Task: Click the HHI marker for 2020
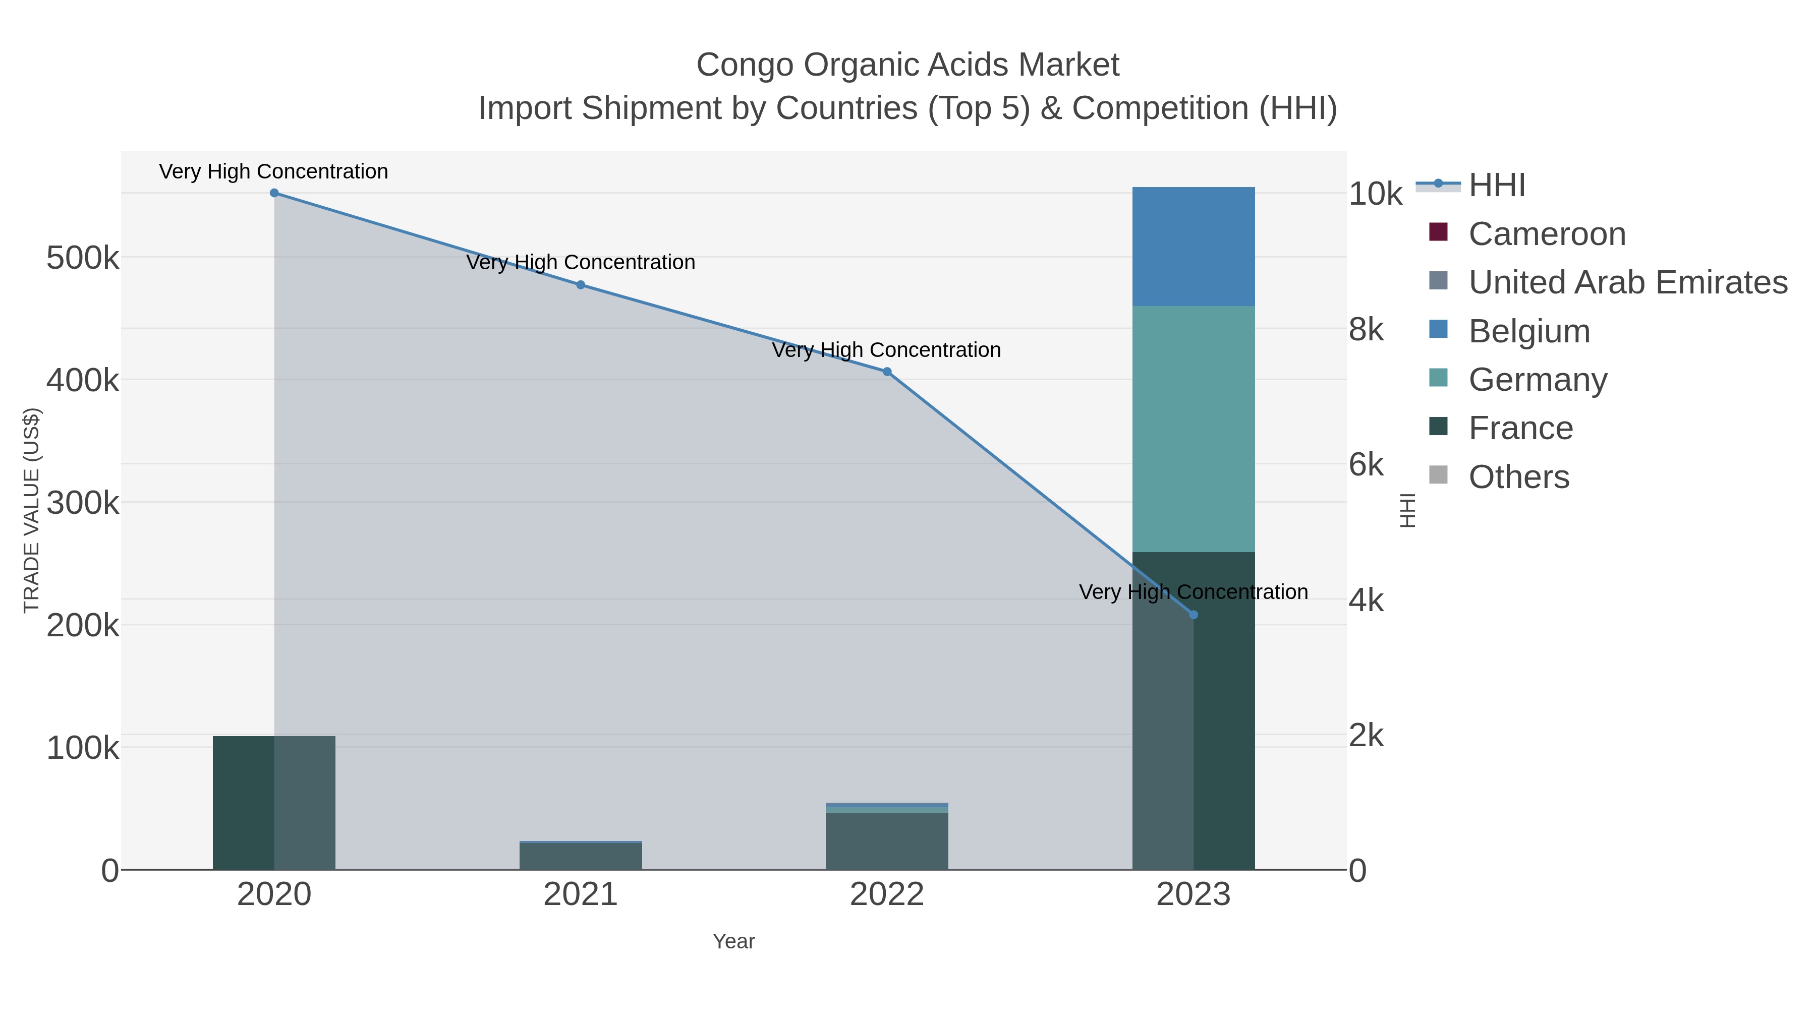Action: pyautogui.click(x=274, y=193)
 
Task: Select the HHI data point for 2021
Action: pyautogui.click(x=580, y=285)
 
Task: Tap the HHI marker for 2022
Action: pyautogui.click(x=887, y=371)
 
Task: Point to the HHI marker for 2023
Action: pyautogui.click(x=1193, y=615)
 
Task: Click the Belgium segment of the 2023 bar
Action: pyautogui.click(x=1193, y=247)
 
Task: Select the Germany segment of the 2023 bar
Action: pyautogui.click(x=1193, y=429)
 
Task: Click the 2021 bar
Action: pyautogui.click(x=580, y=856)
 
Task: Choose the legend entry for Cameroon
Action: pyautogui.click(x=1547, y=234)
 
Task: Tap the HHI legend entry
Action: pyautogui.click(x=1497, y=186)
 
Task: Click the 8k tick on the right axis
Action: pyautogui.click(x=1366, y=330)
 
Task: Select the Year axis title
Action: pyautogui.click(x=733, y=941)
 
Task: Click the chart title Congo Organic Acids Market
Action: pyautogui.click(x=907, y=65)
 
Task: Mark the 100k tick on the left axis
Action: pyautogui.click(x=83, y=748)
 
